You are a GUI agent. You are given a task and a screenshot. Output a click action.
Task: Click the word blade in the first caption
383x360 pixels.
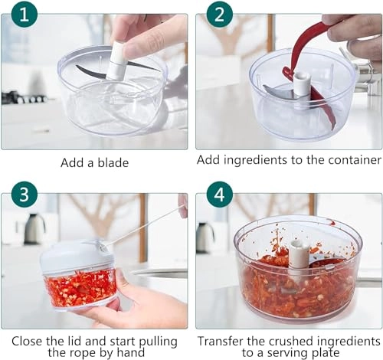[113, 162]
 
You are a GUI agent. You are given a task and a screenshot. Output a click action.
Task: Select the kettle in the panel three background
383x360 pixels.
[34, 228]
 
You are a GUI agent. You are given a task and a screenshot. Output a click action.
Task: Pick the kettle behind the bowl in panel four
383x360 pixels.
[205, 237]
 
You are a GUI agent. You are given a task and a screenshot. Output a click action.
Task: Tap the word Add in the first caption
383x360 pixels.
[73, 162]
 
